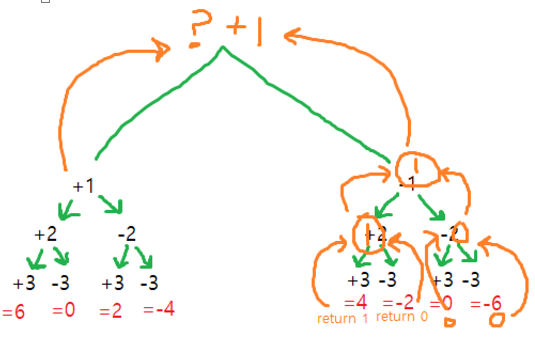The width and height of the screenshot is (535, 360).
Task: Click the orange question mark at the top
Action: [199, 28]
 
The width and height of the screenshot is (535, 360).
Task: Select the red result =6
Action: [13, 312]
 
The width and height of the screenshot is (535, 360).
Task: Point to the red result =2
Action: [111, 310]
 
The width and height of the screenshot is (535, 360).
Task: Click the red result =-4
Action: [159, 309]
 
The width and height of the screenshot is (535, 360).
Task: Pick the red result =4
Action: [355, 303]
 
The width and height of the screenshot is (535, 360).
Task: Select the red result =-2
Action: [398, 303]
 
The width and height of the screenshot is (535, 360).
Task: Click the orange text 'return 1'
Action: [343, 319]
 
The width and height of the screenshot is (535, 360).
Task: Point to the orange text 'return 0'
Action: [402, 316]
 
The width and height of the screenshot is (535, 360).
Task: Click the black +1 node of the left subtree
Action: [83, 186]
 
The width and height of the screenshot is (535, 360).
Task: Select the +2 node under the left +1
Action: [45, 234]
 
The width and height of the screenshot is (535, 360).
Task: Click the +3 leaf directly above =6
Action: [24, 283]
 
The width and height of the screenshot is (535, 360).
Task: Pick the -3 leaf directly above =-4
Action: [149, 283]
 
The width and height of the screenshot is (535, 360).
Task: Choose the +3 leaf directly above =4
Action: [359, 280]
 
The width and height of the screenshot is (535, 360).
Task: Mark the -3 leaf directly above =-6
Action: [470, 280]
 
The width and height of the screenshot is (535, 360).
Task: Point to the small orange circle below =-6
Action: [498, 319]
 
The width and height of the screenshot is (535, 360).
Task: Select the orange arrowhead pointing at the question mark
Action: [160, 49]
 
